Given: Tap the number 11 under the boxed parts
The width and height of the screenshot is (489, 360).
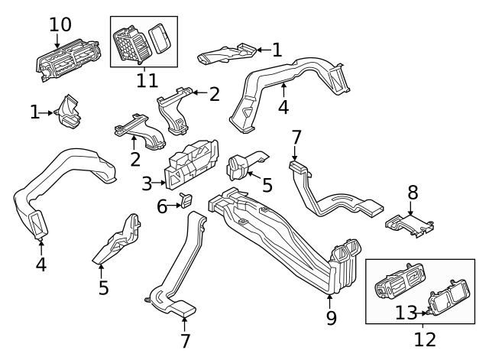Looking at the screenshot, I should pos(146,79).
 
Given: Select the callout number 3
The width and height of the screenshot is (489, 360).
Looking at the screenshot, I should pos(147,183).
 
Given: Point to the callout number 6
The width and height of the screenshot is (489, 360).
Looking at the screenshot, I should pos(162,206).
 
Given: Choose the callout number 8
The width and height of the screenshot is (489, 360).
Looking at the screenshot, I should pos(413,192).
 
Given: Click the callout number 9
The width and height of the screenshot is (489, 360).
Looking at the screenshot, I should pos(331,317).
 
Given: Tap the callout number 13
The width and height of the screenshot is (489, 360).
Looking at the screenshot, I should pos(407,312).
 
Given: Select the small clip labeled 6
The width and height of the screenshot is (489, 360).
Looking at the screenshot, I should pos(186,201).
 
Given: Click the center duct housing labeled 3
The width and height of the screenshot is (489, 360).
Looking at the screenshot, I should pos(191,164).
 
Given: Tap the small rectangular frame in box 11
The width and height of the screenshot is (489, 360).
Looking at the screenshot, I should pos(159,37).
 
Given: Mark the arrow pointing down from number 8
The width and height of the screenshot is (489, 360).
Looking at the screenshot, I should pos(412,209).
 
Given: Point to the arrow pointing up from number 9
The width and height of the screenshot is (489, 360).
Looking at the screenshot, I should pos(330,300).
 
